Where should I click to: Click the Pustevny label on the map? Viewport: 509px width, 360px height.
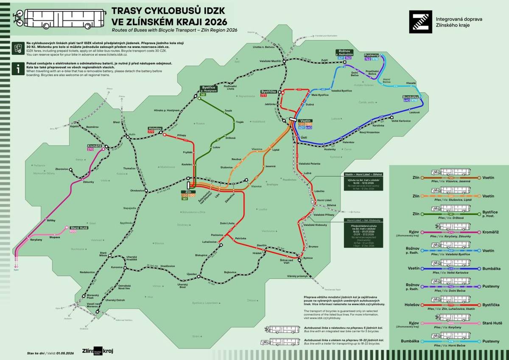372,56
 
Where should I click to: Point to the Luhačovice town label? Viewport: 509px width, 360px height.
210,242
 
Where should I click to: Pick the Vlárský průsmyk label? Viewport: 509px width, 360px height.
296,276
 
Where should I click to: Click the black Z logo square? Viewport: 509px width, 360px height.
420,22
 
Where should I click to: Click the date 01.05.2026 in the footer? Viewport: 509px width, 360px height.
64,353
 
